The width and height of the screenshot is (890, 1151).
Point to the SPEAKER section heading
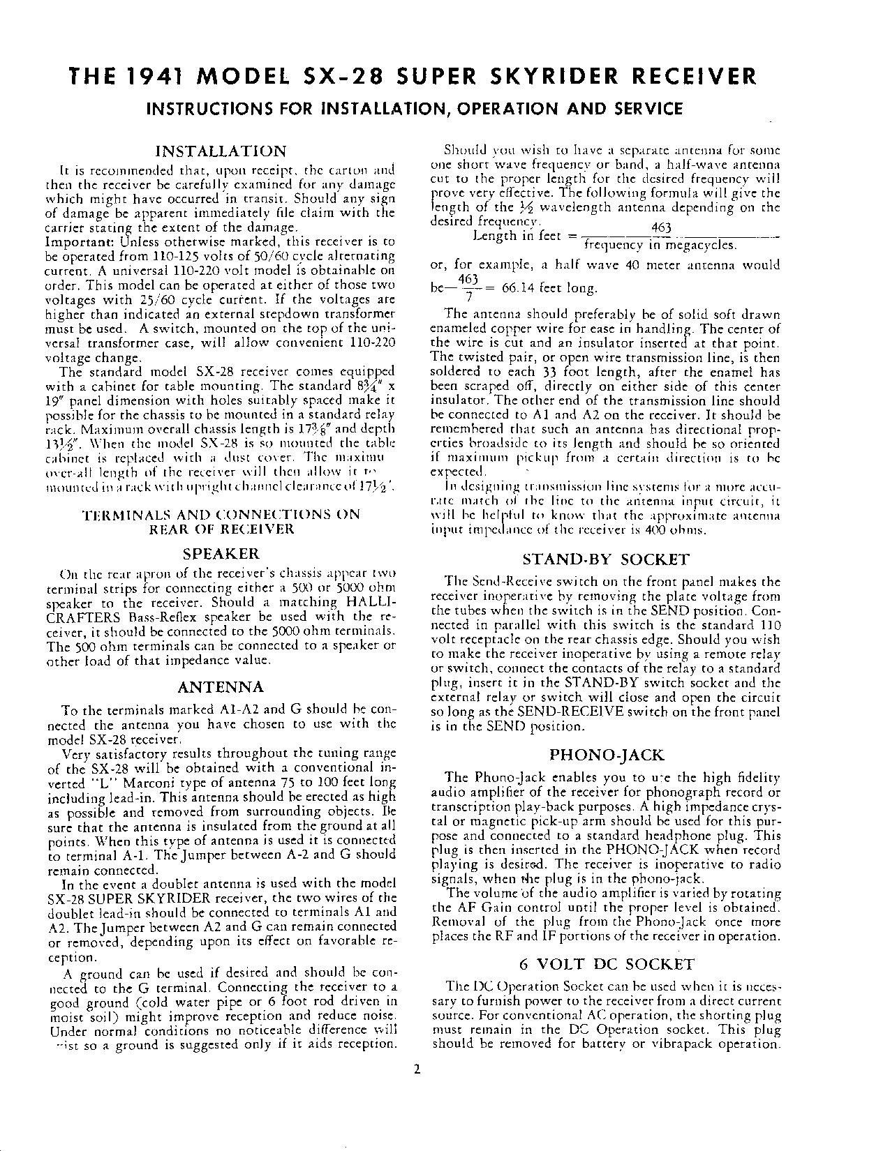pyautogui.click(x=221, y=554)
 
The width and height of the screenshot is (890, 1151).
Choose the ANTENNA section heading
pyautogui.click(x=221, y=687)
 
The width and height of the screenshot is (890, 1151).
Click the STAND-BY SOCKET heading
pyautogui.click(x=606, y=559)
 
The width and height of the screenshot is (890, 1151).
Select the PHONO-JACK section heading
pyautogui.click(x=606, y=755)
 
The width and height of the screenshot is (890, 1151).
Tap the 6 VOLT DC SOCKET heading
pyautogui.click(x=607, y=965)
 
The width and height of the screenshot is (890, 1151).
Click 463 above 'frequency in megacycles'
pyautogui.click(x=660, y=228)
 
